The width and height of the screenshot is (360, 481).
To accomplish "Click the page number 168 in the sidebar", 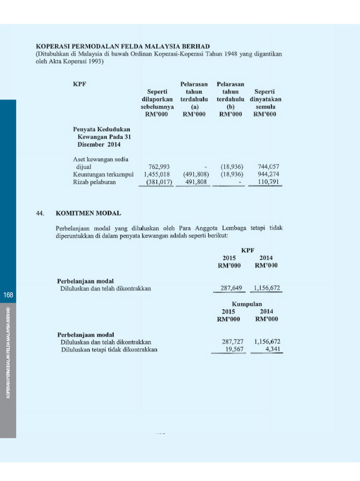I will (8, 295).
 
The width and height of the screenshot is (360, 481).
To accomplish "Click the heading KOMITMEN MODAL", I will (88, 213).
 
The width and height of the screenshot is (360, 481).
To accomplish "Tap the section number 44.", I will (40, 213).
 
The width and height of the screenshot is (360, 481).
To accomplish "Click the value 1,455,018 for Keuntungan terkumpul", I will (156, 174).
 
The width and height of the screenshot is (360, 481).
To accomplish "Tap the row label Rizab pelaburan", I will (94, 182).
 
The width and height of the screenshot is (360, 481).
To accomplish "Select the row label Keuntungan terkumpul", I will (103, 174).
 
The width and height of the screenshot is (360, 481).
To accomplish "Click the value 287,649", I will (232, 289).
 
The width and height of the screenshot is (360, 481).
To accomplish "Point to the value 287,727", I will (232, 342).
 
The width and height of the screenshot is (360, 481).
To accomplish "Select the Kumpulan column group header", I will (247, 304).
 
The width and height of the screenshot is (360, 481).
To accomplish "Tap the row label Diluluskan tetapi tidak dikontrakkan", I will (109, 350).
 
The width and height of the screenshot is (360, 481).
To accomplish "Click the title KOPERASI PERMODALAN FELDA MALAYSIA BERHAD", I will (122, 46).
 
